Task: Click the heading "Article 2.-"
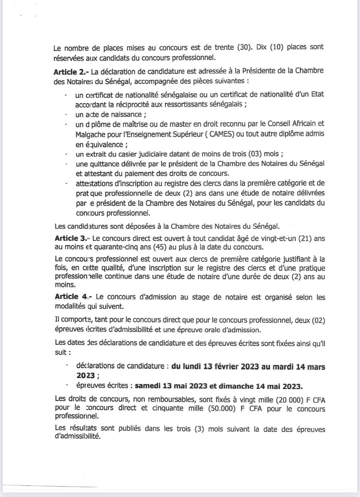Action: [x=70, y=72]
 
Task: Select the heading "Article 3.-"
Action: [x=71, y=239]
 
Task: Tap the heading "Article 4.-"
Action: [x=72, y=297]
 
